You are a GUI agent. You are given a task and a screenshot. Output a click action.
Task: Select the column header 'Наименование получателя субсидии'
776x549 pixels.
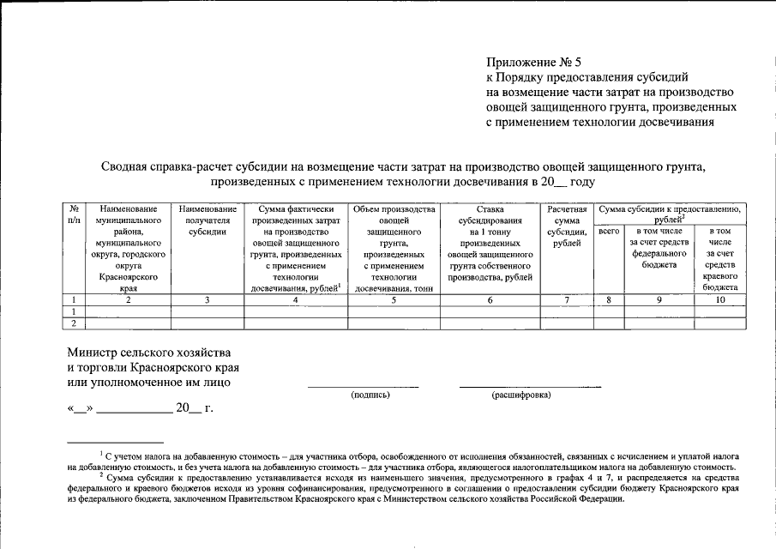[x=208, y=220]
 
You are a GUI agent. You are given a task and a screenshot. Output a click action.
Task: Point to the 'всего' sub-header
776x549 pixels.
[x=608, y=232]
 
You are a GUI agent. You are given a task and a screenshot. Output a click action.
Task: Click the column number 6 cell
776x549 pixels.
[x=490, y=299]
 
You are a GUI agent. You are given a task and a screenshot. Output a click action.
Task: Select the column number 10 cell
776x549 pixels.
[x=719, y=299]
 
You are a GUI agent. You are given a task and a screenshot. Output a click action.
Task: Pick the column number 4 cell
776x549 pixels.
[x=295, y=299]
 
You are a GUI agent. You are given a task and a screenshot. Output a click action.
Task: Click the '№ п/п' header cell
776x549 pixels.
[x=74, y=214]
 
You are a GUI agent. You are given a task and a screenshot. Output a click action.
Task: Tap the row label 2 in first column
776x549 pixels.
[x=74, y=323]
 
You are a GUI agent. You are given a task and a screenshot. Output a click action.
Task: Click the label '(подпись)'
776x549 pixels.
[x=370, y=395]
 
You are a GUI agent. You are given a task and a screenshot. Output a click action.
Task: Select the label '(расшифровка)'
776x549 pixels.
[x=521, y=395]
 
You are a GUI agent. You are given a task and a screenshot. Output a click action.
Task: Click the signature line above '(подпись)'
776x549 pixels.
[x=363, y=387]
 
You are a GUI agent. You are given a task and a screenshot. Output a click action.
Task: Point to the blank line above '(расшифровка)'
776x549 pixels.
[x=529, y=387]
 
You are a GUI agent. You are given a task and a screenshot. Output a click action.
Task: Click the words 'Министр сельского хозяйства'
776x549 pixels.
[x=149, y=353]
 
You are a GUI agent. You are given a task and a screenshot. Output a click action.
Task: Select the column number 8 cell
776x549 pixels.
[x=608, y=299]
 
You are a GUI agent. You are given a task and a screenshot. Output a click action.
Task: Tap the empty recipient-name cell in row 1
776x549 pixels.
[x=208, y=311]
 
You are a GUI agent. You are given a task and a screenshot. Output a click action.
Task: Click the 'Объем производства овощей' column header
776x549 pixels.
[x=394, y=249]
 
